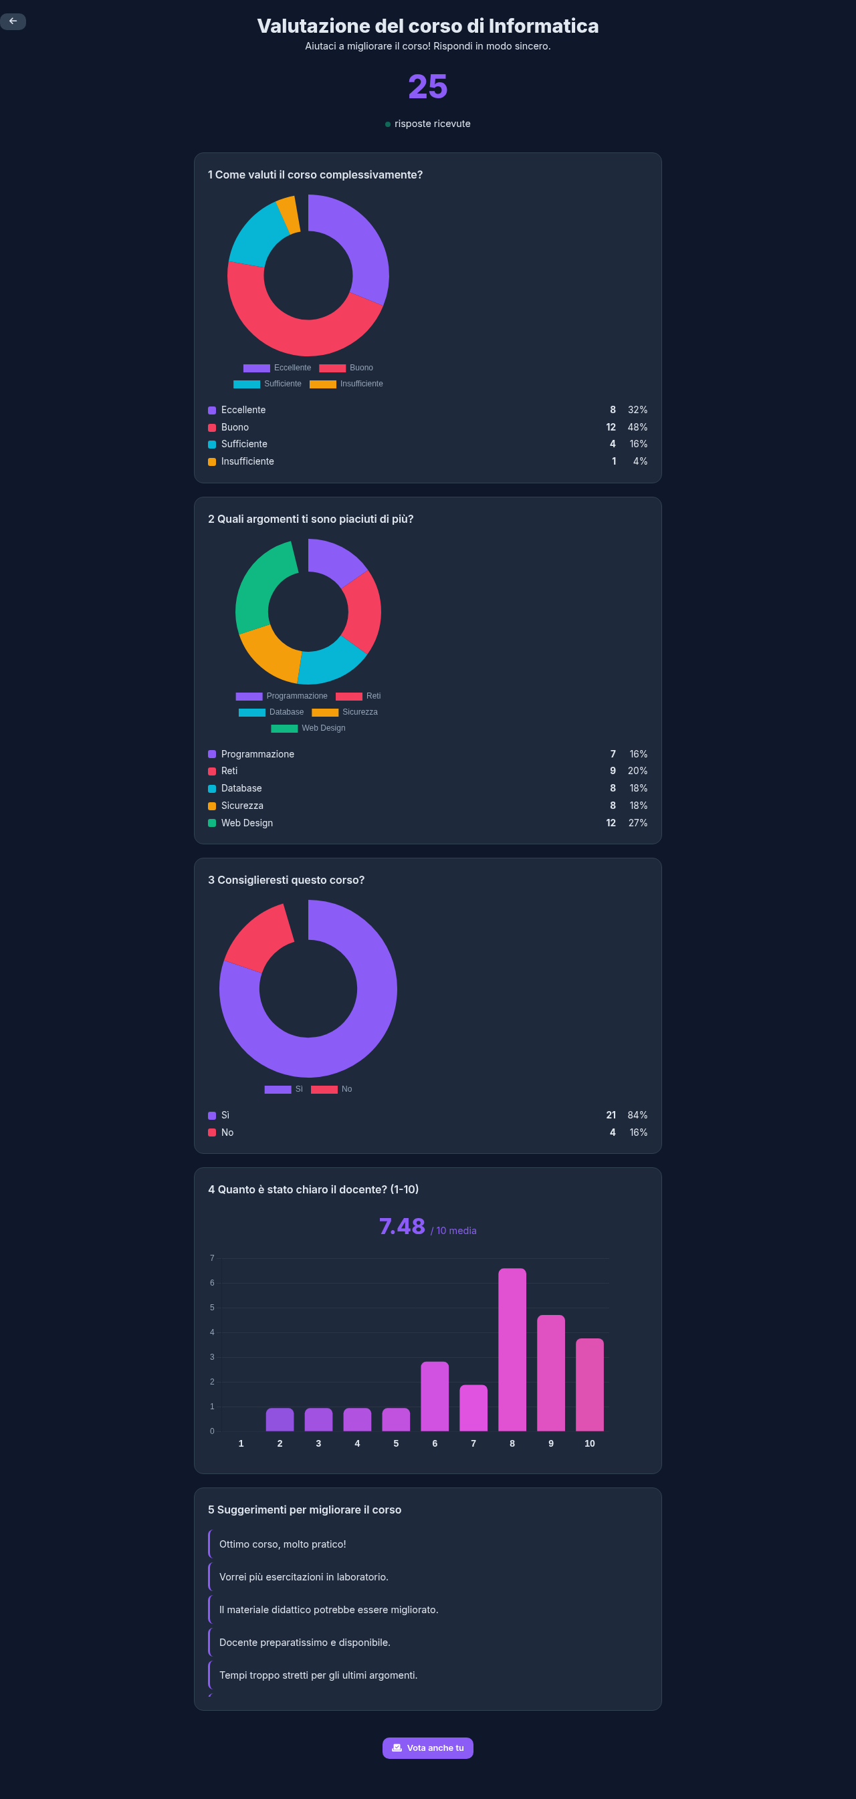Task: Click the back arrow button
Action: (x=13, y=21)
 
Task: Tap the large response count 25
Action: (x=427, y=87)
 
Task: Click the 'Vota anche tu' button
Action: (x=427, y=1748)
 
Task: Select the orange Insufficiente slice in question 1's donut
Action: (x=288, y=215)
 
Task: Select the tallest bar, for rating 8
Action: (x=512, y=1348)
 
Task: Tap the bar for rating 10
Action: (x=590, y=1383)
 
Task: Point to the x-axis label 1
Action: (x=241, y=1443)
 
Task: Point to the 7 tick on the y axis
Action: (x=213, y=1257)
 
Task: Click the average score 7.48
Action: (x=403, y=1226)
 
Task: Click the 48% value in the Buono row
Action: (x=637, y=427)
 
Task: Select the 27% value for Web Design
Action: (x=637, y=823)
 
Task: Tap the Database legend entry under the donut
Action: (x=273, y=711)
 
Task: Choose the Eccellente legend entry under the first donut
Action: (x=278, y=367)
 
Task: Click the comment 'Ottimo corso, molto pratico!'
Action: (x=283, y=1544)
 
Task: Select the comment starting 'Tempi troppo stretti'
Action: (x=318, y=1675)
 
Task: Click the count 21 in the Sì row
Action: (x=611, y=1114)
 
